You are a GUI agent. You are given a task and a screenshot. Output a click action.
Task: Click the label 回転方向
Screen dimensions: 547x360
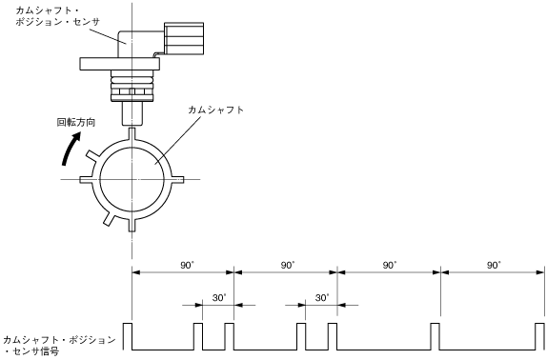(76, 123)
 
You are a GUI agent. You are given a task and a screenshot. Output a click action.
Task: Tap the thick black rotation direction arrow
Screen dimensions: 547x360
(70, 150)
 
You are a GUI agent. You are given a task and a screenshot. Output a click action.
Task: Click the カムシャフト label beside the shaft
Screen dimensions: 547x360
(216, 110)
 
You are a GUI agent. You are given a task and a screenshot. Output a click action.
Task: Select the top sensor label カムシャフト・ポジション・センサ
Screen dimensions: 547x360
(57, 16)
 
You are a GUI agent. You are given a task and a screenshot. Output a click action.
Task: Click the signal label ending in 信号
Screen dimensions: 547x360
(59, 345)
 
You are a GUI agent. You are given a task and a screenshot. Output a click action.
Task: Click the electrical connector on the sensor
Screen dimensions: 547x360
(184, 38)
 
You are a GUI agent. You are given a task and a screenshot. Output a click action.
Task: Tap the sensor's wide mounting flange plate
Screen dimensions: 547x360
(120, 64)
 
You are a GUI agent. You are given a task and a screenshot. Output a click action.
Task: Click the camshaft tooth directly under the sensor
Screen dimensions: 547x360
(132, 133)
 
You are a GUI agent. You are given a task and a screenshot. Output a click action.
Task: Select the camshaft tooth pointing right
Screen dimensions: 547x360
(178, 179)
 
